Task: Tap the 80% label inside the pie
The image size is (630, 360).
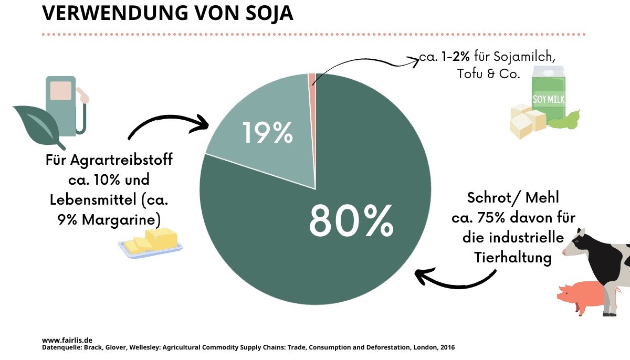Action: point(351,220)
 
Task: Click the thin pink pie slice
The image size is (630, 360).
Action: point(312,79)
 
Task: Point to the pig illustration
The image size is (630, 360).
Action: point(581,298)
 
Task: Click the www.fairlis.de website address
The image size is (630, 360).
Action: point(67,340)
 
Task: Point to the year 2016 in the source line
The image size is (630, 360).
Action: point(447,347)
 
